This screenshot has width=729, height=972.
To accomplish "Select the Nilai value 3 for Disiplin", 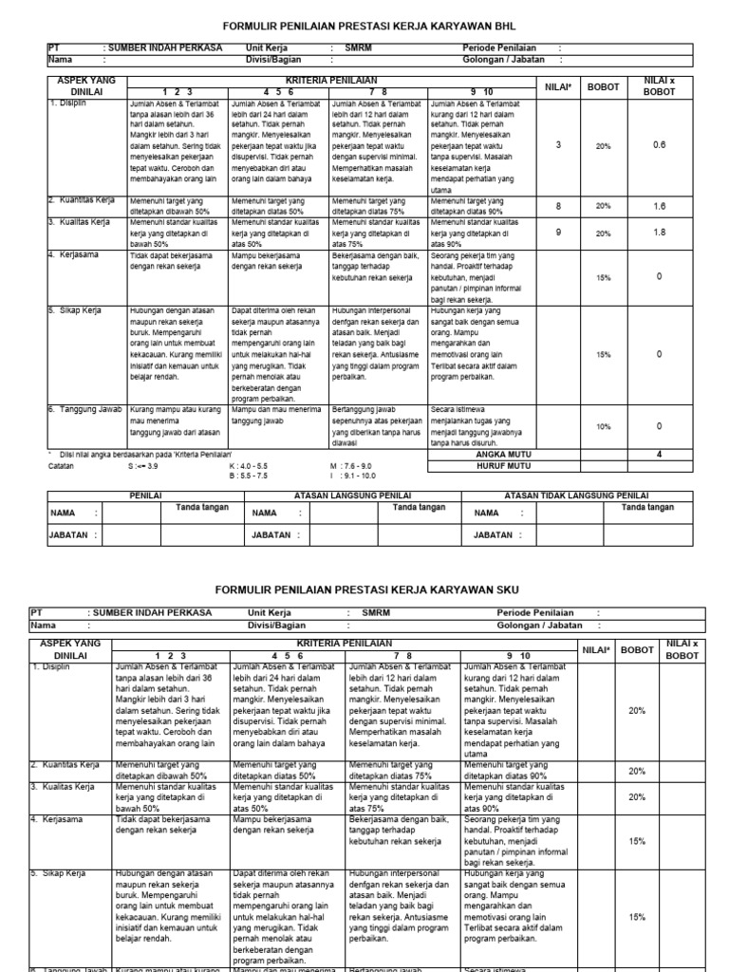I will pos(558,144).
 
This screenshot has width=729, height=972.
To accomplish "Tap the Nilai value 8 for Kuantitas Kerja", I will pos(558,206).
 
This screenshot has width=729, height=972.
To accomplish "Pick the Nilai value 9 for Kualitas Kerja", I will pos(558,232).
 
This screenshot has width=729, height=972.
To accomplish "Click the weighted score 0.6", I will pos(659,144).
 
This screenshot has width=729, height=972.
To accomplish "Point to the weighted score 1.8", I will pos(659,232).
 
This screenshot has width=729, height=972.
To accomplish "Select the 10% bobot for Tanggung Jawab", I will pos(604,427).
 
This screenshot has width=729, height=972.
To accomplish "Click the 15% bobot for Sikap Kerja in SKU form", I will pos(637,917).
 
